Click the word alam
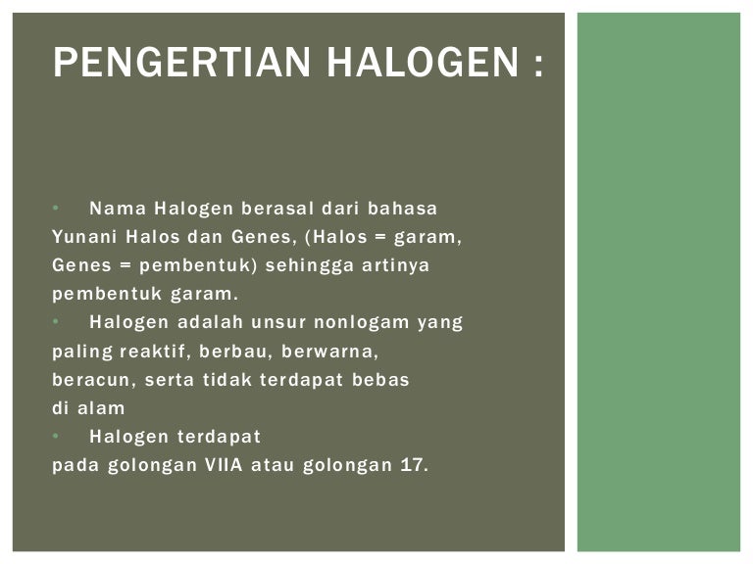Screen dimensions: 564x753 103,407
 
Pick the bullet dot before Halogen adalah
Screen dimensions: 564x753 56,322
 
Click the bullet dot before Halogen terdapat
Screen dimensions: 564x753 56,436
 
